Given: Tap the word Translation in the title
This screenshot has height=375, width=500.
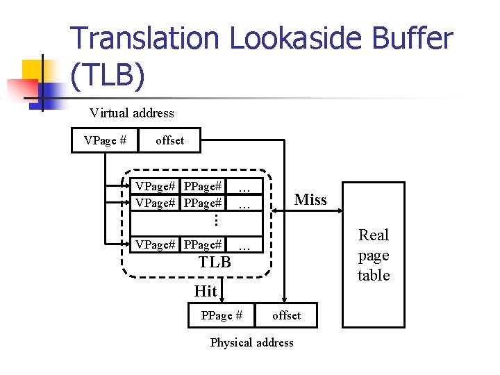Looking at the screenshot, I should tap(146, 39).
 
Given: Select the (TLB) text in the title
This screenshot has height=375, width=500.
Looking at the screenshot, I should tap(108, 75).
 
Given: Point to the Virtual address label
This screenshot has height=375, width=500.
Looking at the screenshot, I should tap(132, 112).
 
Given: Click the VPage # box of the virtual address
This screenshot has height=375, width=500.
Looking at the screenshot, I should tap(105, 140).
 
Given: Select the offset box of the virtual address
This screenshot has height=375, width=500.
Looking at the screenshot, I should tap(169, 140).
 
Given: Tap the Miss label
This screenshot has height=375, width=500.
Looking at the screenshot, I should tap(310, 200).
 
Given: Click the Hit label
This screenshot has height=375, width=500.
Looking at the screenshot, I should tap(206, 290).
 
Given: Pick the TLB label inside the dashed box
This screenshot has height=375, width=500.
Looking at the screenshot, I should tap(215, 262).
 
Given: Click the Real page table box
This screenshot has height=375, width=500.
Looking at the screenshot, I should tap(374, 255).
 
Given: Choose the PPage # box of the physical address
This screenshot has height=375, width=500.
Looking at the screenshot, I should tap(222, 315).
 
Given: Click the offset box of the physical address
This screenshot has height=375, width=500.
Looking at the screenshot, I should tap(286, 315).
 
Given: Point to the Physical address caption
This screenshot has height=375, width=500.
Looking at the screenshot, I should tap(251, 342).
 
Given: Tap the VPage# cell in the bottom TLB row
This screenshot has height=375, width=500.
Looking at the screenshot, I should tap(154, 244).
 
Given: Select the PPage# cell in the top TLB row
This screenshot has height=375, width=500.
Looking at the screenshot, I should tap(203, 186).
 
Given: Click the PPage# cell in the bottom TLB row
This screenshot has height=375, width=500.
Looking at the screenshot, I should tap(203, 244).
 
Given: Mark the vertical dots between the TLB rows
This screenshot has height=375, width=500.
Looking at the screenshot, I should tap(216, 219).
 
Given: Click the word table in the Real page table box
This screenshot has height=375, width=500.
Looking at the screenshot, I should tap(374, 275).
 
